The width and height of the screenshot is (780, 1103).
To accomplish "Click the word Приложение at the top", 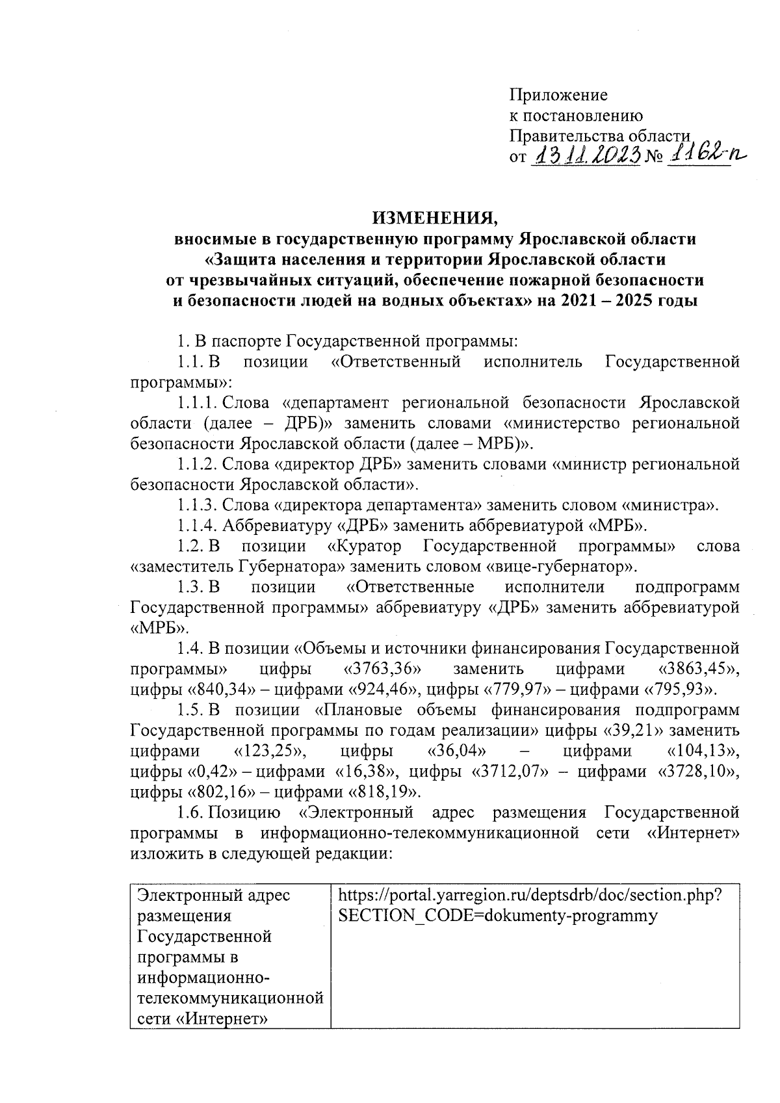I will coord(558,95).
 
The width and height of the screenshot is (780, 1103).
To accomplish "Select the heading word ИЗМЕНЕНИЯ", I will coord(435,218).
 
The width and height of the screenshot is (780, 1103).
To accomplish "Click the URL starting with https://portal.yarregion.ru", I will coord(530,896).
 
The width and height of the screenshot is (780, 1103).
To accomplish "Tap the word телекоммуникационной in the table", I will coord(230,997).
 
